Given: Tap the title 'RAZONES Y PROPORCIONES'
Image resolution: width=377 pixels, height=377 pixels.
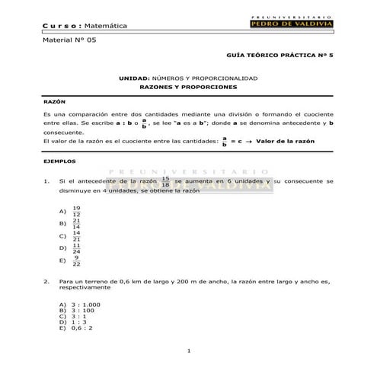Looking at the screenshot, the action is tap(188, 88).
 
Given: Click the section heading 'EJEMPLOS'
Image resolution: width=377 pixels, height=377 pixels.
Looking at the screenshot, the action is tap(59, 161).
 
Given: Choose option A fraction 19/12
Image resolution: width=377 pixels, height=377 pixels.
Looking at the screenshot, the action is tap(75, 211).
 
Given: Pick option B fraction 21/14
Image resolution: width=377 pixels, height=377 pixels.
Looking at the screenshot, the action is tap(75, 223).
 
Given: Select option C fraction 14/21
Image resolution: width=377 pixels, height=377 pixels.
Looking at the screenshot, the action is tap(75, 235).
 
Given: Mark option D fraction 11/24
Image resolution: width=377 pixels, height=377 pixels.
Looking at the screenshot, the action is tap(75, 248).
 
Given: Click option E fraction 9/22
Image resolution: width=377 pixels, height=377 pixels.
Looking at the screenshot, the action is tap(76, 260).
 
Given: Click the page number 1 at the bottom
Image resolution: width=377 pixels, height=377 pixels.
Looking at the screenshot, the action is tap(188, 350).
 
